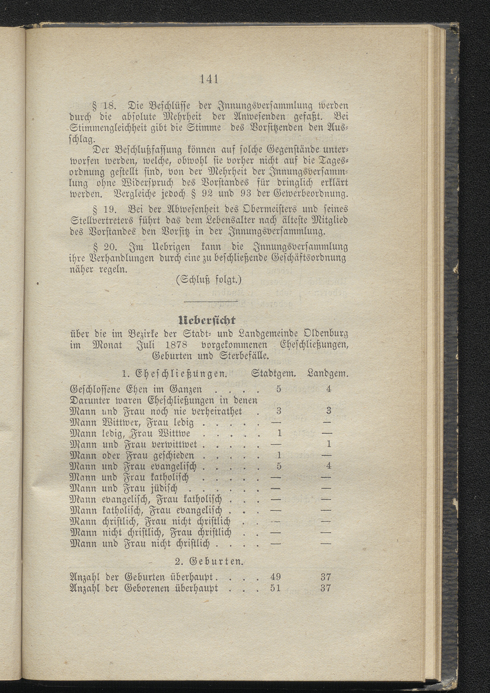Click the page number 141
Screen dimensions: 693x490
(209, 79)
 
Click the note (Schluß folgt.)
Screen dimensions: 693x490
(209, 280)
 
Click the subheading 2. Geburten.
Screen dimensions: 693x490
(209, 562)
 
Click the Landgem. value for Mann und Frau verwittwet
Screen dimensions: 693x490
(329, 444)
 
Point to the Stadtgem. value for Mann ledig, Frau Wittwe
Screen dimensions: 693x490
(279, 433)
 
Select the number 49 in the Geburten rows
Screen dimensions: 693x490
(275, 577)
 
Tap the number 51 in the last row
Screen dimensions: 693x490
(275, 588)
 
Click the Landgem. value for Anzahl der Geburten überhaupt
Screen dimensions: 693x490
(326, 577)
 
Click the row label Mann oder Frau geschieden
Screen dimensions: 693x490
(132, 455)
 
